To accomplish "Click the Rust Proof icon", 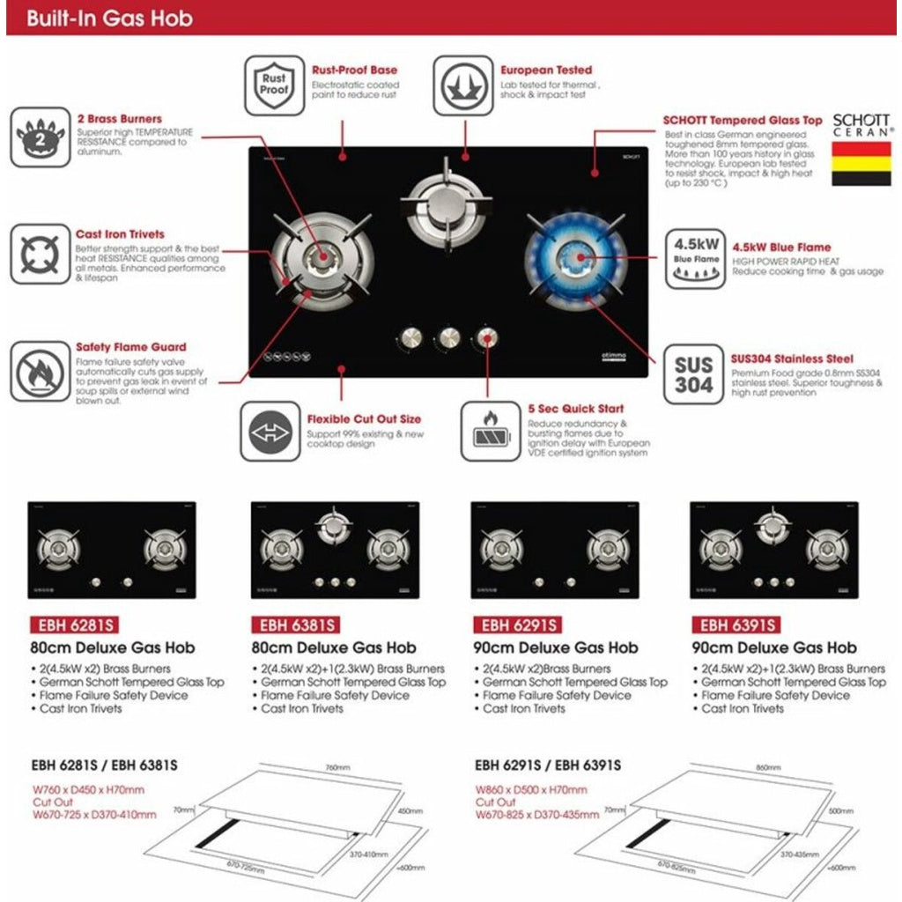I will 274,86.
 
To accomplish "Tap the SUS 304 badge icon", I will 694,374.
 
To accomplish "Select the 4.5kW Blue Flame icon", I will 695,259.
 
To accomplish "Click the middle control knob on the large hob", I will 449,337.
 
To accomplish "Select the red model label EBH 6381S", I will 296,625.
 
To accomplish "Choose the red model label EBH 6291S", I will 517,625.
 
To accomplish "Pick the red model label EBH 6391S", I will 736,625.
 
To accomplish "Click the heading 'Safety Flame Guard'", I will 130,348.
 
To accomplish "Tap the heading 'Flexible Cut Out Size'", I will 364,420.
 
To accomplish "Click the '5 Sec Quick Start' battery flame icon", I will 492,432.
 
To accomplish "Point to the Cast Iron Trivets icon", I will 40,255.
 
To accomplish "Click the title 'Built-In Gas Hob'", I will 109,18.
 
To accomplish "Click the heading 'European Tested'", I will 546,70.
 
